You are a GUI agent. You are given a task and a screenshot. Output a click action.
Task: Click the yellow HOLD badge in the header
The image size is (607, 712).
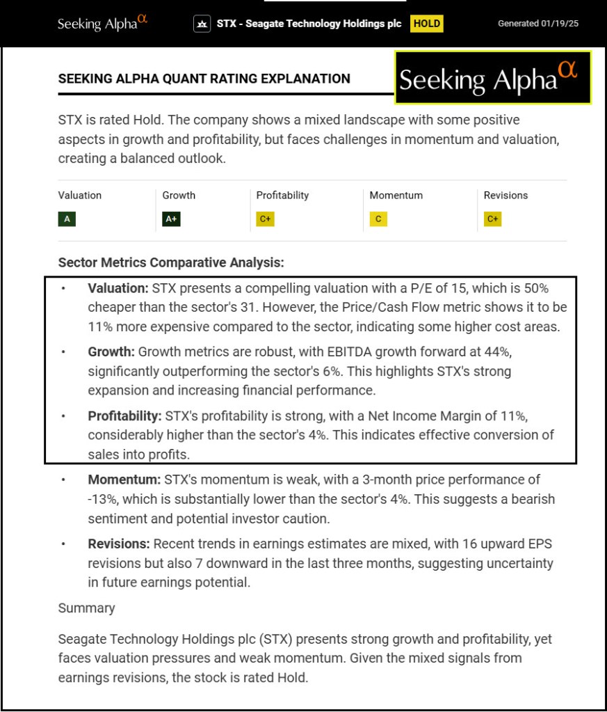point(427,24)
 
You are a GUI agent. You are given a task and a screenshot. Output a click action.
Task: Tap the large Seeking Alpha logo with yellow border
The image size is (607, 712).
point(493,77)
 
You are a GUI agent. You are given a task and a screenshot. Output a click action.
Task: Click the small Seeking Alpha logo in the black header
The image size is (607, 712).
point(102,23)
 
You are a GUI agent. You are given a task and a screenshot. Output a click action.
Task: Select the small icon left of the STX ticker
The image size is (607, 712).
point(202,24)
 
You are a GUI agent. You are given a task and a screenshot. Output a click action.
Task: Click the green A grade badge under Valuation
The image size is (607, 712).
point(67,219)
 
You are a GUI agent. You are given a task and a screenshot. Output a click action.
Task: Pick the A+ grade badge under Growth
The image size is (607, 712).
point(171,219)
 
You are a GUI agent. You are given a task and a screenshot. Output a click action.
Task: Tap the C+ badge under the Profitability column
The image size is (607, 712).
point(265,219)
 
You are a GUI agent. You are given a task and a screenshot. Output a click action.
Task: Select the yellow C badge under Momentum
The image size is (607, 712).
point(378,219)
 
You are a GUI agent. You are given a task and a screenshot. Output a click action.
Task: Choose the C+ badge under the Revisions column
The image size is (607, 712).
point(492,219)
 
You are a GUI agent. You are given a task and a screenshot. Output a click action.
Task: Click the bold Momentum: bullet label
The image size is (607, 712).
point(124,480)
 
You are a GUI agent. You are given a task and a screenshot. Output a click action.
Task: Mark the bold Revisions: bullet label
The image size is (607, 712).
point(119,544)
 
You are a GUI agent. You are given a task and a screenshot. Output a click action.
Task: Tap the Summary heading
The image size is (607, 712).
point(86,608)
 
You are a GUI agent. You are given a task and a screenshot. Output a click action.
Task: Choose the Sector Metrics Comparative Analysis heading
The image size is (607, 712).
point(171,263)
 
